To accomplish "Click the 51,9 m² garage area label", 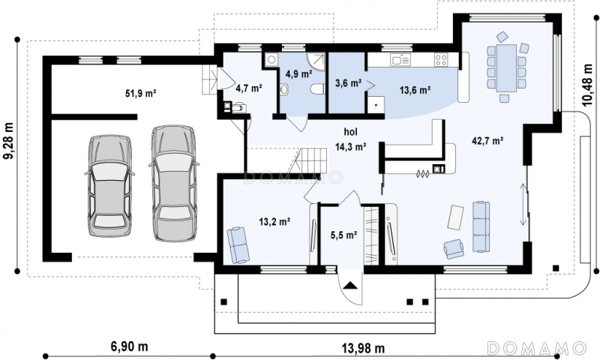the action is (x=140, y=93).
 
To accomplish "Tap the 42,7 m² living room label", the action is (x=487, y=141).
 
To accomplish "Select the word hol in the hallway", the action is (x=350, y=132).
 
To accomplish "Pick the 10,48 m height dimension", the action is (x=588, y=85).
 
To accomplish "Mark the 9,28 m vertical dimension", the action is (x=9, y=140).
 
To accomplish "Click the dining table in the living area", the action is (x=506, y=68).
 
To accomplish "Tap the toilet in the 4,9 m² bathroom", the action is (x=317, y=89).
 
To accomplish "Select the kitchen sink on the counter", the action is (x=400, y=60).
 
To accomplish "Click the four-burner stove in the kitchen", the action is (x=441, y=60).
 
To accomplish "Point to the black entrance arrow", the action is (x=350, y=285).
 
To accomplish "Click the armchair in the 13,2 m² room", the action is (x=238, y=244).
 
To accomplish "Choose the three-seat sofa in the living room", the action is (x=481, y=226).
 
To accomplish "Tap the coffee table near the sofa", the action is (x=456, y=217).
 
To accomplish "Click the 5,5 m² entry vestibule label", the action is (x=343, y=235).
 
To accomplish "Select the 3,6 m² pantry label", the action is (x=348, y=83).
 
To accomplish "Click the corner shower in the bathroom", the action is (x=316, y=62).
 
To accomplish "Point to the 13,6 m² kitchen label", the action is (x=415, y=90).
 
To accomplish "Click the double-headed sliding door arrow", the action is (x=523, y=205).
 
